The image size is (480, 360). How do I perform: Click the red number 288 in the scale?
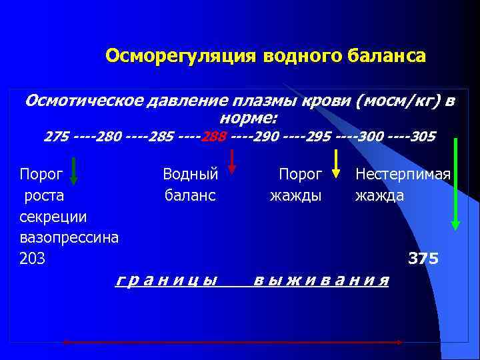(215, 137)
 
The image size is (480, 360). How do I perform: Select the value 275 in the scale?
(56, 137)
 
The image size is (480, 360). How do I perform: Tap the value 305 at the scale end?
(423, 137)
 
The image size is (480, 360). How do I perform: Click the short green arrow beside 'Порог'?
(74, 170)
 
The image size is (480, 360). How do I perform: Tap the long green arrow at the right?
(455, 183)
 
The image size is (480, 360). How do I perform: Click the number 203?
(33, 259)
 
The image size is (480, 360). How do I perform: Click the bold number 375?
(423, 259)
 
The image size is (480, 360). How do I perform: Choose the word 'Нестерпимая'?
(403, 175)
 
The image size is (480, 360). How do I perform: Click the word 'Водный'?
(191, 175)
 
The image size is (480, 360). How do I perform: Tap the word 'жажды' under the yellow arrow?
(295, 196)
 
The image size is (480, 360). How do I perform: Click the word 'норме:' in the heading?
(248, 118)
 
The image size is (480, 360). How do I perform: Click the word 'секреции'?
(53, 217)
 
